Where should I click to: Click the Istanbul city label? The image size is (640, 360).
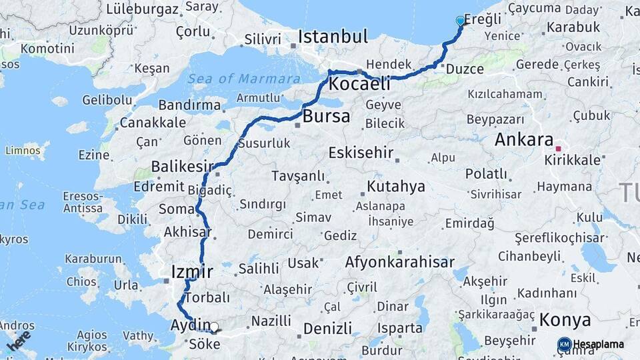pyautogui.click(x=333, y=37)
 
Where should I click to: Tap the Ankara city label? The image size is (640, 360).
pyautogui.click(x=524, y=141)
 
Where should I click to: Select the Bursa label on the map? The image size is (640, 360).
pyautogui.click(x=326, y=117)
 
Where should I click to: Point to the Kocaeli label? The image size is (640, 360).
pyautogui.click(x=359, y=85)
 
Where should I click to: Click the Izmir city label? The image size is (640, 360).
pyautogui.click(x=192, y=272)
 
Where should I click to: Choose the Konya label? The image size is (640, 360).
pyautogui.click(x=565, y=319)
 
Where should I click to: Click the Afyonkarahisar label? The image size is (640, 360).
pyautogui.click(x=399, y=263)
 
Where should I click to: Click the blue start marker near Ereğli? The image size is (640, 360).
pyautogui.click(x=460, y=21)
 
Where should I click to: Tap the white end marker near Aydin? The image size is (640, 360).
pyautogui.click(x=214, y=327)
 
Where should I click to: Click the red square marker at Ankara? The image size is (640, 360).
pyautogui.click(x=559, y=148)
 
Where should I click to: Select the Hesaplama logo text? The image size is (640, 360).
pyautogui.click(x=599, y=345)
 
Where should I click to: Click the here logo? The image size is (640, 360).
pyautogui.click(x=19, y=340)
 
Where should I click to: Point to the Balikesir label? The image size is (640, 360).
pyautogui.click(x=182, y=166)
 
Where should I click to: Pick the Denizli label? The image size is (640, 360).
pyautogui.click(x=327, y=329)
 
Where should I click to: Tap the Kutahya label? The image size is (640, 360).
pyautogui.click(x=395, y=187)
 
